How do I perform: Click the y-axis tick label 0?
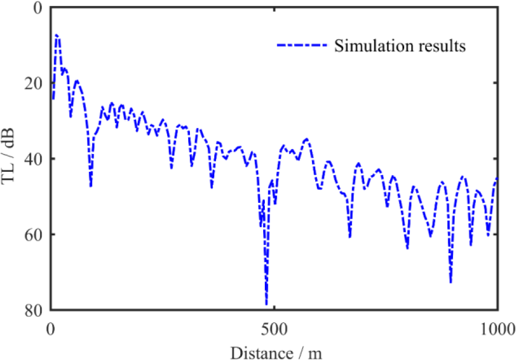pos(36,8)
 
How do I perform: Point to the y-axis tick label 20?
pos(32,83)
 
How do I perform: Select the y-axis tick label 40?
pos(32,159)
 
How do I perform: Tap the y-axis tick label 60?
pos(32,234)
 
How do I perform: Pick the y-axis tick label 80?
pos(32,310)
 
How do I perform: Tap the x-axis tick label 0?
pos(52,329)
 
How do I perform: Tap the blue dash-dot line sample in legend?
pos(302,46)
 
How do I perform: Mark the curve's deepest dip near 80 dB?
pos(266,305)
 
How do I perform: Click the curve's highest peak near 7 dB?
pos(57,35)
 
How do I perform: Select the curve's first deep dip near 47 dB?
pos(91,186)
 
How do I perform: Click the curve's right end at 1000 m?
pos(497,178)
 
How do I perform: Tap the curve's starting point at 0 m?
pos(53,99)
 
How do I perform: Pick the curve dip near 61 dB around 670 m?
pos(350,237)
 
